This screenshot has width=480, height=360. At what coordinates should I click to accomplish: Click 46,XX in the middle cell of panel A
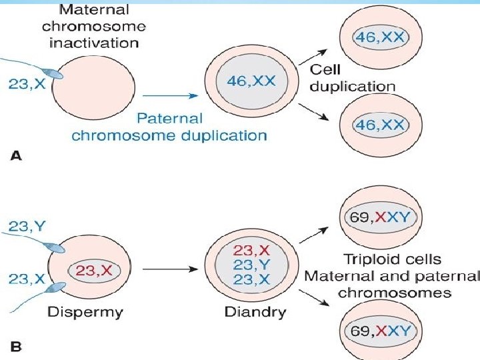click(251, 81)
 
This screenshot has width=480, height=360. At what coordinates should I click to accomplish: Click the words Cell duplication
click(353, 78)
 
